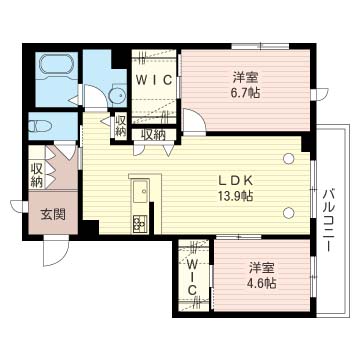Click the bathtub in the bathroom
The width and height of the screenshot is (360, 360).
(56, 66)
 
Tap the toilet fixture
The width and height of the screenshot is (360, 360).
(40, 126)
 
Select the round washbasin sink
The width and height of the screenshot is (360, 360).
(118, 96)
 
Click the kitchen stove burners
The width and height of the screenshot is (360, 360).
(140, 223)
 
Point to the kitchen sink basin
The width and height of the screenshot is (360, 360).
(141, 192)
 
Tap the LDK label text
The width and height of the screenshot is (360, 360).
(235, 181)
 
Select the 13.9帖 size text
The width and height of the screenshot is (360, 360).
(235, 196)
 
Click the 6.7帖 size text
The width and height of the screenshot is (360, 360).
(245, 93)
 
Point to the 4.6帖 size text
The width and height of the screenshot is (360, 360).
(261, 283)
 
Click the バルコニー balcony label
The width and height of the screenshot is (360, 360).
(329, 220)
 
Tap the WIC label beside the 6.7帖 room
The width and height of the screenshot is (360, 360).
(154, 80)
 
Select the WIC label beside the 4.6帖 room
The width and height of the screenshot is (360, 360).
(191, 276)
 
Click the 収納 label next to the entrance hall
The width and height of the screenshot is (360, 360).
(36, 175)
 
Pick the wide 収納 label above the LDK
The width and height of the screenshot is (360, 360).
(153, 134)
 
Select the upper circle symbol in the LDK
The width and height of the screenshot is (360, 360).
(288, 158)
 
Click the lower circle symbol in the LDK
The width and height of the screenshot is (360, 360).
(289, 212)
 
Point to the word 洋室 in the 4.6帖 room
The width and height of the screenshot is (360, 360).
(261, 267)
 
